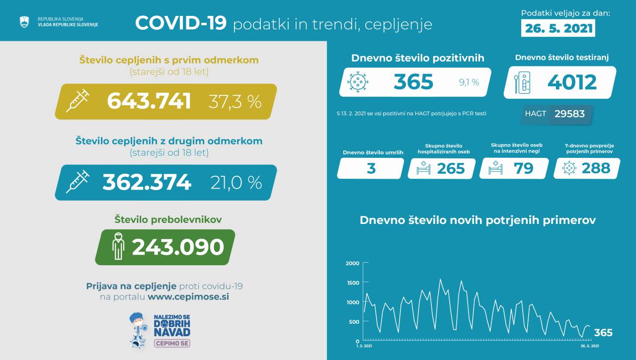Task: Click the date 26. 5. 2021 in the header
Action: (558, 28)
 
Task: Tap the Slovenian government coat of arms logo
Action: (24, 22)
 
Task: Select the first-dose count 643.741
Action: (149, 101)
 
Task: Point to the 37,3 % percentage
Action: (235, 102)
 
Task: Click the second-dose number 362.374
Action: (147, 182)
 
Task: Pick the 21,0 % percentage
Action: (236, 183)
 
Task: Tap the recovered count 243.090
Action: (178, 247)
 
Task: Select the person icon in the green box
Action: (118, 246)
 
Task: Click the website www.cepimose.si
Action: (188, 297)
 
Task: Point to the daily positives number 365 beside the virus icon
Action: (413, 82)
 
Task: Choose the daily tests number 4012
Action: (572, 82)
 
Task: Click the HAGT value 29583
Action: (569, 114)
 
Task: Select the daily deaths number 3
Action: (371, 168)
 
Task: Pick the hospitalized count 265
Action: (451, 168)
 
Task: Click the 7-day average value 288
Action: (595, 168)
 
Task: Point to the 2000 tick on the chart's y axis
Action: (352, 263)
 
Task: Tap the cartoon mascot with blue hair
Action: (138, 329)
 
